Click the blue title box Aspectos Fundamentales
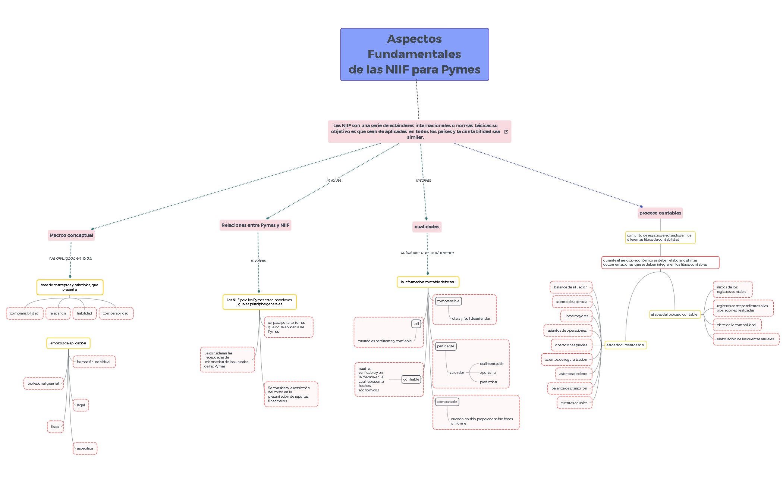tap(414, 54)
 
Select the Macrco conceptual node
tap(71, 235)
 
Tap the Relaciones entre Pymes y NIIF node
tap(255, 225)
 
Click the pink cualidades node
tap(427, 227)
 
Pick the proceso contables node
tap(660, 213)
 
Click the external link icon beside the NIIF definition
tap(506, 132)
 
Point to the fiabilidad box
tap(84, 313)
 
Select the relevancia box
tap(58, 313)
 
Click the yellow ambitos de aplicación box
tap(68, 343)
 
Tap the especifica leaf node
tap(85, 448)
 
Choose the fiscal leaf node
tap(55, 427)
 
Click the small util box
tap(416, 324)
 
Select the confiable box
tap(411, 379)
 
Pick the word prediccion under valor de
tap(488, 382)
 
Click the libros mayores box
tap(576, 316)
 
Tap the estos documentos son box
tap(625, 345)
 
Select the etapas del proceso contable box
tap(674, 315)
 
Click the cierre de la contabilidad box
tap(736, 325)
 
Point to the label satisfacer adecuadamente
tap(427, 253)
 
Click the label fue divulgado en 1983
tap(70, 258)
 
